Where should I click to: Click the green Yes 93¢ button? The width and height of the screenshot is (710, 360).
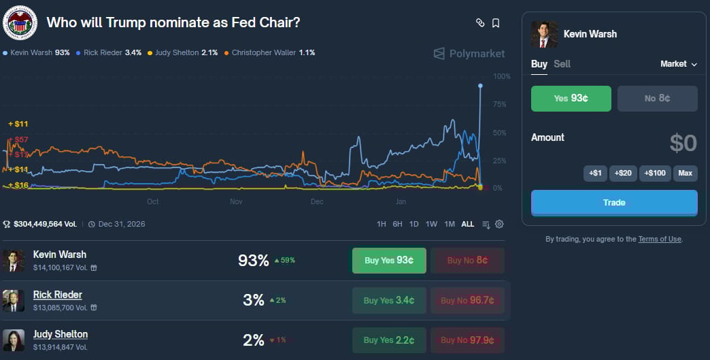571,98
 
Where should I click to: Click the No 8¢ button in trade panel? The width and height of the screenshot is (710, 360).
657,98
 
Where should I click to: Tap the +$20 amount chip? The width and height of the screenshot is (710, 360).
623,173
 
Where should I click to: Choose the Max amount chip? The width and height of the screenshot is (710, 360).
685,173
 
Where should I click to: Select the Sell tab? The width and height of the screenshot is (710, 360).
562,64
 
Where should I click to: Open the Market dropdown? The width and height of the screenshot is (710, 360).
679,64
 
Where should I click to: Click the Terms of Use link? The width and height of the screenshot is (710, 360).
660,239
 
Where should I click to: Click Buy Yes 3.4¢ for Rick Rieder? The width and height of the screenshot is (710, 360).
388,300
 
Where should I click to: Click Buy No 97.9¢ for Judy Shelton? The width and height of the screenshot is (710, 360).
467,340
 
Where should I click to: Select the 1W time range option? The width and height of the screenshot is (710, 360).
431,224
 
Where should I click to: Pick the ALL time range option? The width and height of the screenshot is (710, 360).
468,224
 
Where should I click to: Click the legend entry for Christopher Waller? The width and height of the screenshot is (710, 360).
269,52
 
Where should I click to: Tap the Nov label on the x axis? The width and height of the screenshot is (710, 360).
236,201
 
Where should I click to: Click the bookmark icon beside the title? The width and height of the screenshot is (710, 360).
496,23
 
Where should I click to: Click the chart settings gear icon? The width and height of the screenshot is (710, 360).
499,224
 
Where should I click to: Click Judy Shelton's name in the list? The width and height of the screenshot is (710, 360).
61,334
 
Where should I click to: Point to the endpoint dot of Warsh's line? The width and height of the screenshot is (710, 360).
480,86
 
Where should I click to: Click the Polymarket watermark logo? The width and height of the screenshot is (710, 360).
469,53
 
